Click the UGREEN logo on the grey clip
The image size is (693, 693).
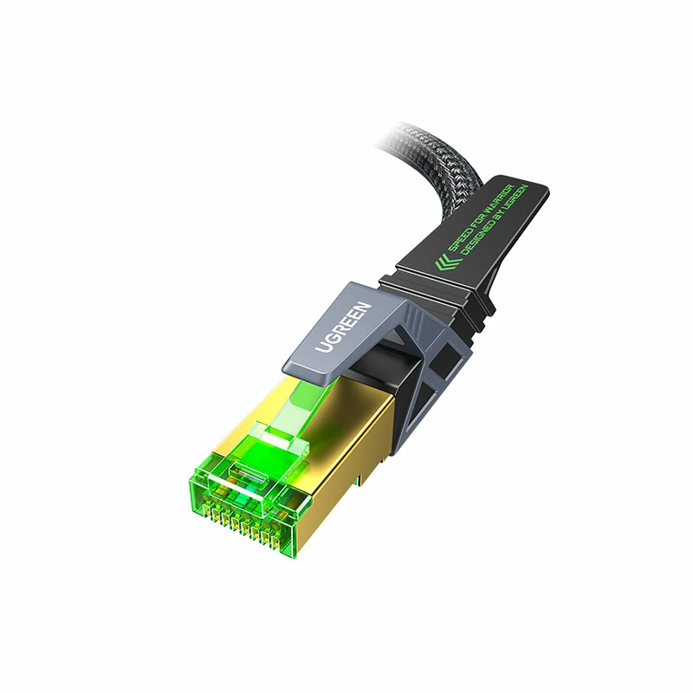point(343,327)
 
